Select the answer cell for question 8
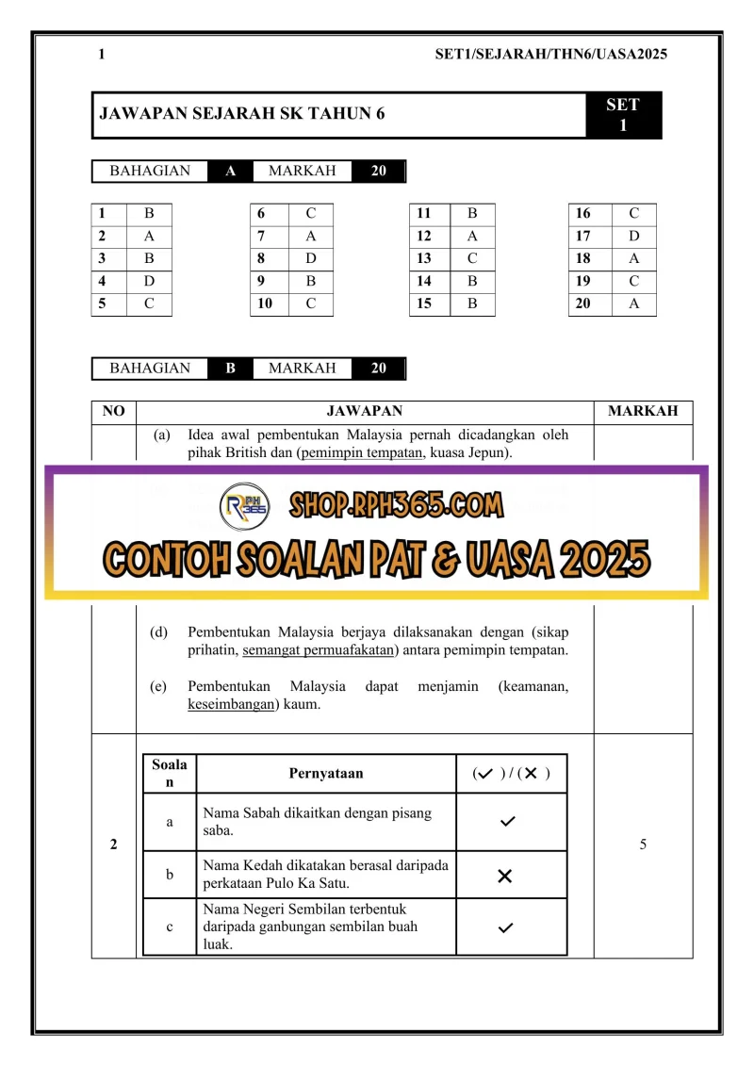click(310, 259)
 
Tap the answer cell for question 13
click(472, 259)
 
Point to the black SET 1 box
click(623, 115)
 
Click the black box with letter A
click(230, 172)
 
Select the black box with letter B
click(230, 369)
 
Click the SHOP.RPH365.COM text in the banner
click(396, 506)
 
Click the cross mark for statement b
click(504, 876)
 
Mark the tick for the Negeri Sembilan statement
click(508, 927)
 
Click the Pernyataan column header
click(325, 774)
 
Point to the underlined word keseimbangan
click(228, 704)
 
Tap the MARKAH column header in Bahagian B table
click(643, 412)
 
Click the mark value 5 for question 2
click(643, 845)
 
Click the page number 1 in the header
click(101, 55)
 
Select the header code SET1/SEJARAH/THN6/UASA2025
click(550, 55)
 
